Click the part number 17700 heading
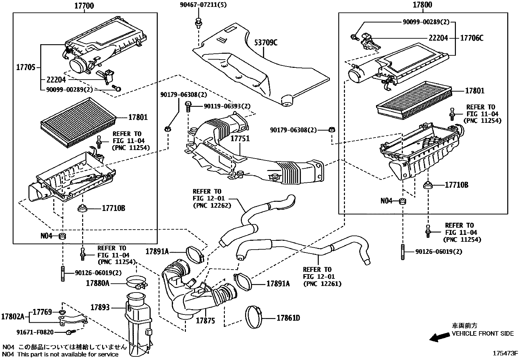[85, 5]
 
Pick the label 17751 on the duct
[240, 139]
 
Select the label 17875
[205, 321]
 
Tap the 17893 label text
[100, 307]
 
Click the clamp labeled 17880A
[136, 282]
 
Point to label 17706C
[472, 38]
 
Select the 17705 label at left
[26, 67]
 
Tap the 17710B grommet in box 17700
[82, 208]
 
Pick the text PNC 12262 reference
[212, 206]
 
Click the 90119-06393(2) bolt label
[227, 106]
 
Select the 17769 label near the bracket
[43, 312]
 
